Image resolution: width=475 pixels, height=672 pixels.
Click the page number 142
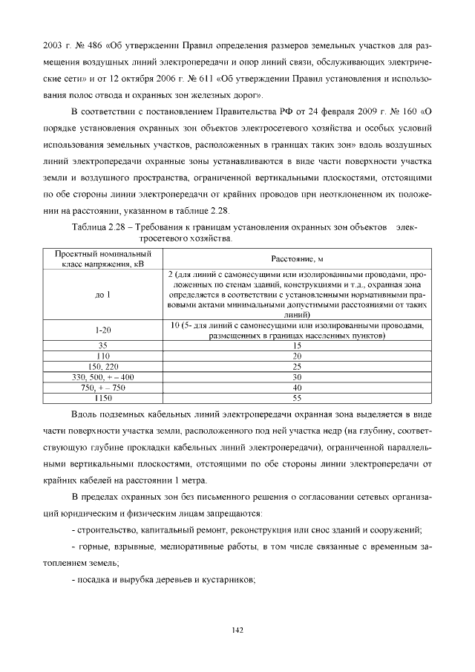pyautogui.click(x=237, y=630)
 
